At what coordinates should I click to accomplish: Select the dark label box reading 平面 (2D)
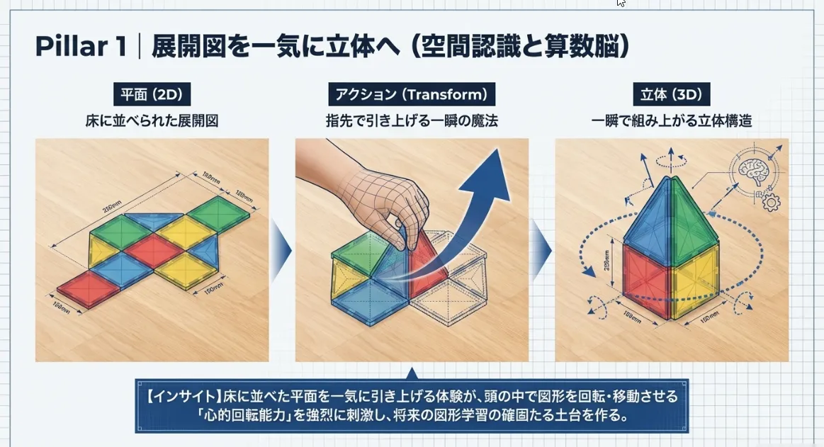tap(152, 95)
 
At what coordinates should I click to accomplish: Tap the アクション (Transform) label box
tap(411, 95)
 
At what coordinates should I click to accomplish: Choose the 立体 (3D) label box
tap(671, 95)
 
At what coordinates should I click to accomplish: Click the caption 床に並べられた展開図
tap(152, 121)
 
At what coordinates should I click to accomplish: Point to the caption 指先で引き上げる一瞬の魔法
tap(412, 121)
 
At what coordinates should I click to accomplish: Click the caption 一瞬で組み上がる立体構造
tap(671, 121)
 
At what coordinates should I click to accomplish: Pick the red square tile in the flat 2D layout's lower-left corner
tap(84, 288)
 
